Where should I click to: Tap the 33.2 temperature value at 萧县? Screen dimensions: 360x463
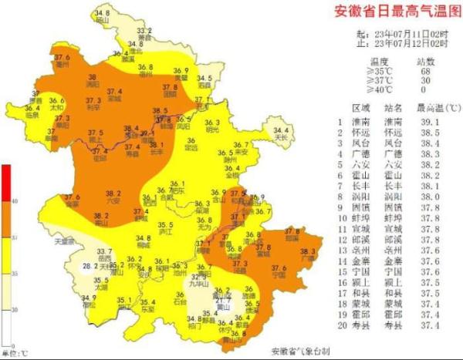pos(144,31)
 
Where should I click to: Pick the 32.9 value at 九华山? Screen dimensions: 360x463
pos(200,275)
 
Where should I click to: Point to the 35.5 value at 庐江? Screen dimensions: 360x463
pos(163,224)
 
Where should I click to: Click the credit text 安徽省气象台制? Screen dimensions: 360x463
pos(299,352)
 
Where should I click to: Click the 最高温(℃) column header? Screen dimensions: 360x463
pos(435,109)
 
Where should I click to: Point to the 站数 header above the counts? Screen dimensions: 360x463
pos(427,61)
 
